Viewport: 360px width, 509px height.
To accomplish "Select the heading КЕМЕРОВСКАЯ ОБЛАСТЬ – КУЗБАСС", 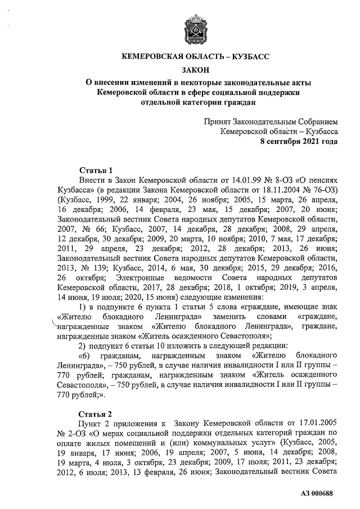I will click(x=197, y=57).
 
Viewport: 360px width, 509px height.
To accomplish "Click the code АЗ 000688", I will click(x=318, y=493).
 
